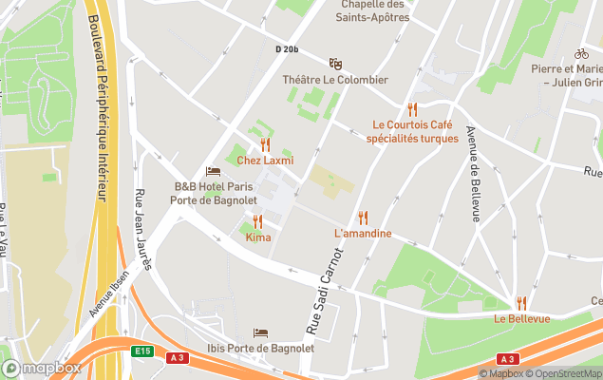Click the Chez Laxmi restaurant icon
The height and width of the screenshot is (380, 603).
click(265, 144)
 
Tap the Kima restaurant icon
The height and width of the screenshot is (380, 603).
click(257, 221)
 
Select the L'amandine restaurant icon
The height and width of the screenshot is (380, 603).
click(363, 218)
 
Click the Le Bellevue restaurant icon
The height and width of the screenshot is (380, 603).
click(520, 303)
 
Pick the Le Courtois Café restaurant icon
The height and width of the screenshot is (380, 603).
click(412, 109)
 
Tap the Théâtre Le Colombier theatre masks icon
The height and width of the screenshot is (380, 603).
click(334, 64)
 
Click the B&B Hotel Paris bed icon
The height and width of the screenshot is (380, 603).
click(213, 171)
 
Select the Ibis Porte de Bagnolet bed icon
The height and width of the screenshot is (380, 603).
click(260, 332)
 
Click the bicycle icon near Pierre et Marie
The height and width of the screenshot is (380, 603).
click(581, 54)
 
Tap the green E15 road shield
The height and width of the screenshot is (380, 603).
click(142, 351)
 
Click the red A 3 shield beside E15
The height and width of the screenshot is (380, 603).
click(177, 357)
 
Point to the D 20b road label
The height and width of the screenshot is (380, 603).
click(287, 48)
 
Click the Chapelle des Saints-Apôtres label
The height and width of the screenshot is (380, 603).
click(372, 9)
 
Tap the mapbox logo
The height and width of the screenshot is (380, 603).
click(42, 368)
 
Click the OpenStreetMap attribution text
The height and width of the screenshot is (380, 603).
click(566, 373)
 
